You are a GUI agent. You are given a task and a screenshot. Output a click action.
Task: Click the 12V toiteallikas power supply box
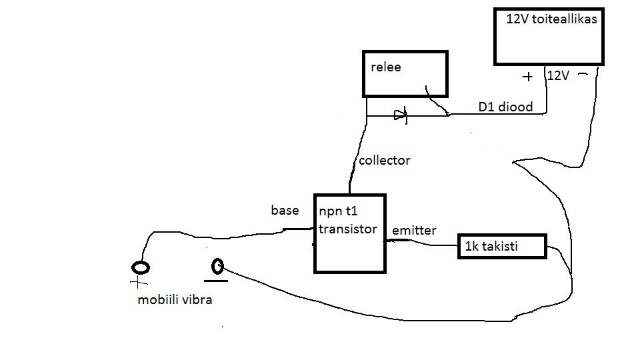pyautogui.click(x=548, y=37)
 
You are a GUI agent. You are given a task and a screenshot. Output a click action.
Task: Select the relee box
pyautogui.click(x=405, y=73)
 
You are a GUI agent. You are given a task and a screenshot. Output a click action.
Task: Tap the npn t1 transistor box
pyautogui.click(x=349, y=233)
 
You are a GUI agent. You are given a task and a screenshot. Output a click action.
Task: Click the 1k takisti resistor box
pyautogui.click(x=502, y=247)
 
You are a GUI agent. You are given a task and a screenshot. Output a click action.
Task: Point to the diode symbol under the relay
pyautogui.click(x=399, y=115)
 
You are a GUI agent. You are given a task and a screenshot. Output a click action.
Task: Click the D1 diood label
pyautogui.click(x=505, y=106)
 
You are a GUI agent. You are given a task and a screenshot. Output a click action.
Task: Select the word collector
pyautogui.click(x=384, y=161)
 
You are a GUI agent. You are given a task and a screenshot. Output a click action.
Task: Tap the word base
pyautogui.click(x=285, y=211)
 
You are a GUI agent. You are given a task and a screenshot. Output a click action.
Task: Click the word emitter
pyautogui.click(x=413, y=231)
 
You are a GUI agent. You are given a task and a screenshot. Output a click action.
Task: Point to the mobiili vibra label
pyautogui.click(x=175, y=299)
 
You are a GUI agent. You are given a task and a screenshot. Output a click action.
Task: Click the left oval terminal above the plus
pyautogui.click(x=141, y=268)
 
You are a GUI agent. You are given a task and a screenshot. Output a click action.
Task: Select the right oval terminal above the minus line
pyautogui.click(x=217, y=267)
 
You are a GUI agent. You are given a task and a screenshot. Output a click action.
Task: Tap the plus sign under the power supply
pyautogui.click(x=527, y=77)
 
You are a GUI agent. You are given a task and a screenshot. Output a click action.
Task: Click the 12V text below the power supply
pyautogui.click(x=557, y=76)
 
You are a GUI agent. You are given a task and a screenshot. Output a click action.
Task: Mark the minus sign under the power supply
pyautogui.click(x=583, y=75)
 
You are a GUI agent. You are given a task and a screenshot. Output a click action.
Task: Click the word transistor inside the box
pyautogui.click(x=347, y=229)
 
